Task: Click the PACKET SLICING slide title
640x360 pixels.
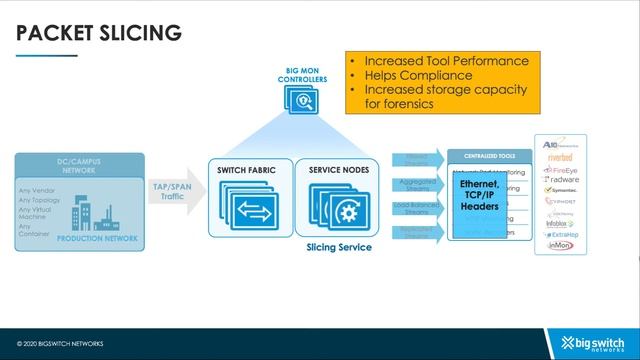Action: pyautogui.click(x=99, y=32)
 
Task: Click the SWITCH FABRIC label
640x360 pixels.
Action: pyautogui.click(x=248, y=171)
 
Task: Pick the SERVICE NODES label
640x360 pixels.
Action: pyautogui.click(x=339, y=171)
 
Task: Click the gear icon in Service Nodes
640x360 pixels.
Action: pyautogui.click(x=346, y=212)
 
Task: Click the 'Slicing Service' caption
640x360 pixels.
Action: pyautogui.click(x=339, y=247)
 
